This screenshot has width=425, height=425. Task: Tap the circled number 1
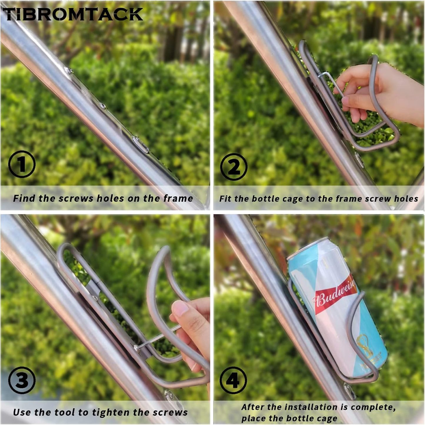click(x=22, y=164)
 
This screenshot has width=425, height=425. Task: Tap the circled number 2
click(x=234, y=167)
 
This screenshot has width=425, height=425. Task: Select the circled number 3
click(x=22, y=380)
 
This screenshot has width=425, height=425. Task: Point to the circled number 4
click(x=233, y=380)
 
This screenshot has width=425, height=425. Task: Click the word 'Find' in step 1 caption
click(x=24, y=198)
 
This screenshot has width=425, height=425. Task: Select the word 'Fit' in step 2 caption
click(x=225, y=199)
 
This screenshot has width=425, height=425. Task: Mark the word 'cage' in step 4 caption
click(x=326, y=419)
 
